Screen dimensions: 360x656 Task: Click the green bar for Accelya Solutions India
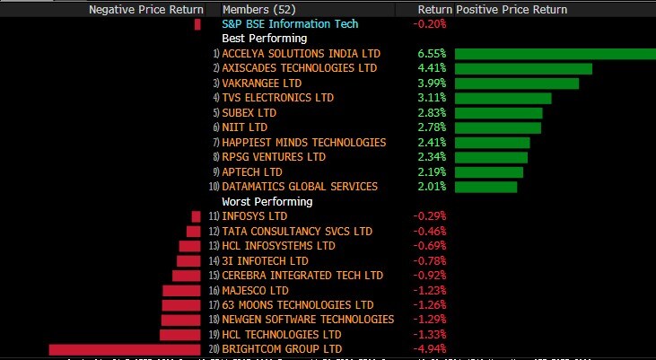555,54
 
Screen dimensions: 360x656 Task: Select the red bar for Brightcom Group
124,348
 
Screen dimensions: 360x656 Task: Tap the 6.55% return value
433,54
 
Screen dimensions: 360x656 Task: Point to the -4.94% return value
430,348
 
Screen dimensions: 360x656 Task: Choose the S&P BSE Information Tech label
289,24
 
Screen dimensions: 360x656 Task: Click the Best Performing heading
265,39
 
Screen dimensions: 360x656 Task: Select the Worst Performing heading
267,201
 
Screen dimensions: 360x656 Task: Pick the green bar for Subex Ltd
499,113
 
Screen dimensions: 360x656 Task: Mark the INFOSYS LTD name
255,216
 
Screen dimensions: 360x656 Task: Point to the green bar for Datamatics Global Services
486,187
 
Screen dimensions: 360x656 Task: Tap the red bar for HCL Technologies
179,334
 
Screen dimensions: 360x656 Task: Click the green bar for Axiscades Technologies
523,68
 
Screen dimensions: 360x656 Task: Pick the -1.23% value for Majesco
430,290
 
